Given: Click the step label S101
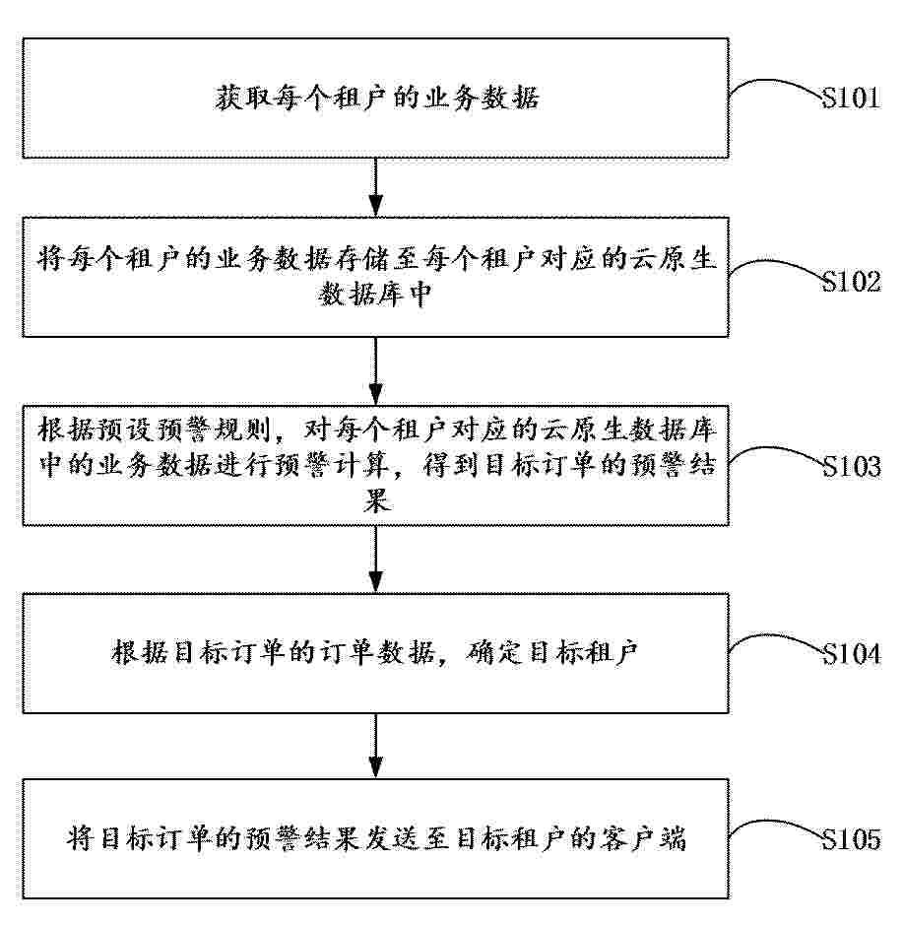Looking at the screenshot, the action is (x=851, y=99).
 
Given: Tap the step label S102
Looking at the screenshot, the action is (x=851, y=282).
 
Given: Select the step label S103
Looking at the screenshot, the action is (x=851, y=467).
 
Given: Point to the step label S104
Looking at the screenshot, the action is (x=851, y=654).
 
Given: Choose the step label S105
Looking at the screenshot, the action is (x=851, y=838).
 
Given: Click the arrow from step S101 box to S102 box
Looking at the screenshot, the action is (x=375, y=187).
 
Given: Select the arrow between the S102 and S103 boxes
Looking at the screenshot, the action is (x=375, y=370).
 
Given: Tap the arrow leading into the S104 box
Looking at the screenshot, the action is (x=375, y=559).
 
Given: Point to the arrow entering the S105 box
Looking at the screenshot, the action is (x=375, y=746).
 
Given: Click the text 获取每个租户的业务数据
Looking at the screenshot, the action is (x=376, y=99).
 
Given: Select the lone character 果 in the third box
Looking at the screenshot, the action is (x=376, y=501).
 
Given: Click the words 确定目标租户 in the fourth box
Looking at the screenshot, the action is (x=551, y=652).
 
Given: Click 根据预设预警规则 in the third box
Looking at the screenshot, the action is (x=155, y=430).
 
